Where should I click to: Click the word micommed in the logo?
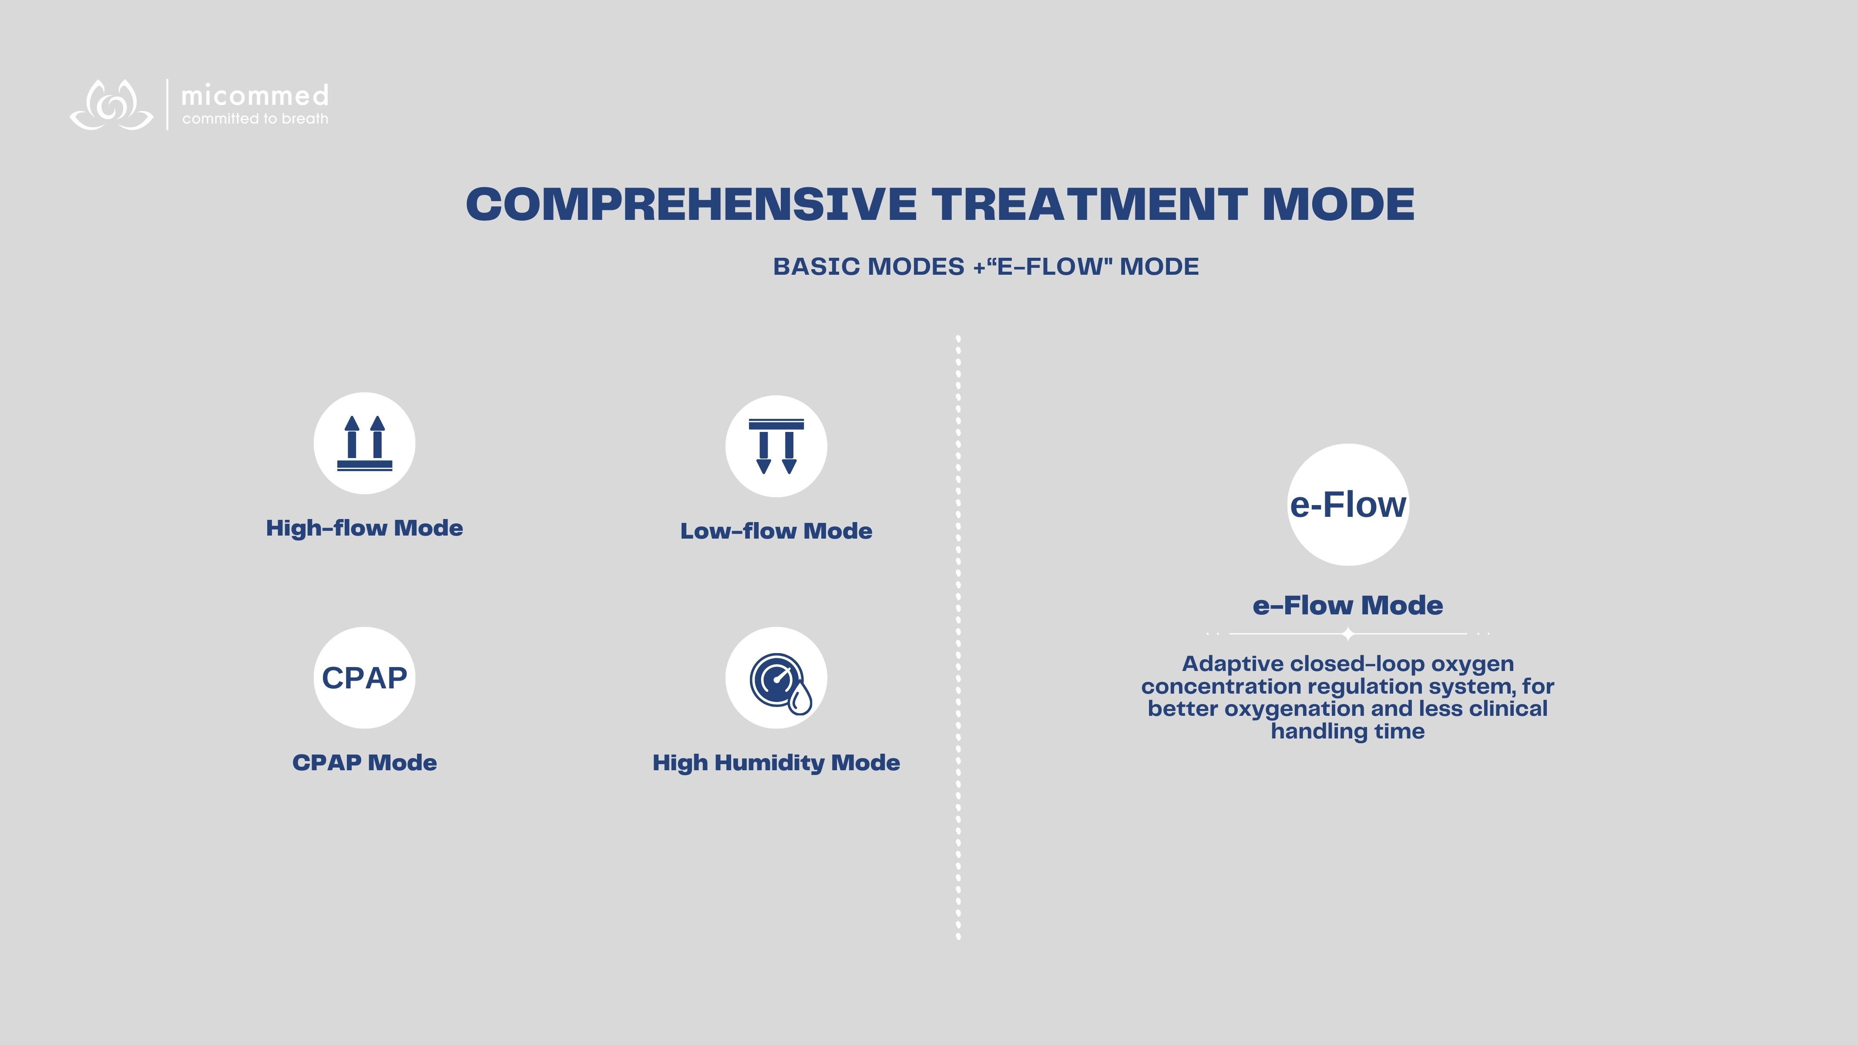point(255,95)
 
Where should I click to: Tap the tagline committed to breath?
point(255,119)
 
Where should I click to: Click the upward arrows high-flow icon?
point(364,443)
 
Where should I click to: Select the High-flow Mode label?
point(364,528)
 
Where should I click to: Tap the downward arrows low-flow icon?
point(776,446)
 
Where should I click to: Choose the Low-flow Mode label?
point(776,530)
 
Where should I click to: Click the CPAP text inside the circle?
point(364,678)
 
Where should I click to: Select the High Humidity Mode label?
point(776,763)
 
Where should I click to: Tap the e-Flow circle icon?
point(1347,505)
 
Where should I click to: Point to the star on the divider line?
point(1347,634)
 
